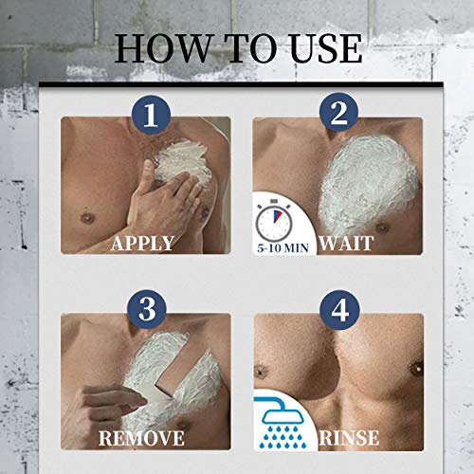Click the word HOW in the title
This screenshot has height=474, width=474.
[162, 47]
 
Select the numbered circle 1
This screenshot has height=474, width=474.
[151, 116]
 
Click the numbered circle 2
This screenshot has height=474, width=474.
[338, 113]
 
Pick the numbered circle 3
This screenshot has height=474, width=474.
[147, 310]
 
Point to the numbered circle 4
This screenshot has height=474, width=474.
[339, 310]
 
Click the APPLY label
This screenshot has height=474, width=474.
[142, 244]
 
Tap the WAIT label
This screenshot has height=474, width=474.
[346, 244]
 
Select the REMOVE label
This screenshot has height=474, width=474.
[141, 438]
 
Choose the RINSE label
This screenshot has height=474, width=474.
[349, 438]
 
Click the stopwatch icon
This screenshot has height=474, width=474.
[274, 221]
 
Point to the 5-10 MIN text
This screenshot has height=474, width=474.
[283, 247]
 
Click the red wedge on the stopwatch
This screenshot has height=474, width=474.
[278, 216]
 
